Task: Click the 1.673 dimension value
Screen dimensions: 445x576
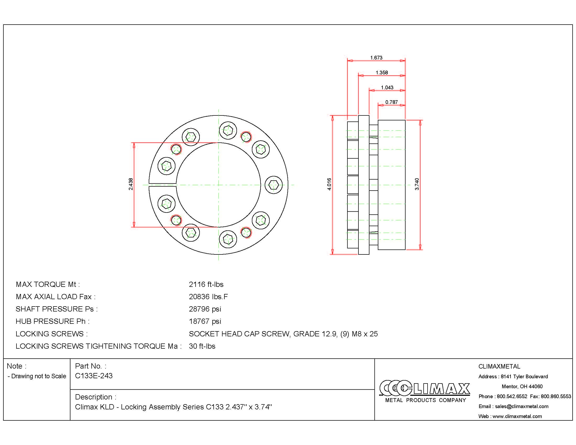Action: point(376,58)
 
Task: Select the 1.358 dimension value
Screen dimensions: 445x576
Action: point(382,73)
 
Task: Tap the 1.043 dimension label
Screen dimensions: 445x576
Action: point(387,87)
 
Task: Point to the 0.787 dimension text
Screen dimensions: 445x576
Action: point(391,102)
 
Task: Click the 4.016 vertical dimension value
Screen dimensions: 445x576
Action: point(329,184)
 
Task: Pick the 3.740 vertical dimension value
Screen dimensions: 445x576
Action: point(417,184)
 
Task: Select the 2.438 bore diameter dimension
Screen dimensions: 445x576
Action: point(131,184)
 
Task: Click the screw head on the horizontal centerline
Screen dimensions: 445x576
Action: point(274,185)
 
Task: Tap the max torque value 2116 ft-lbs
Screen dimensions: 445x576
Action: point(206,285)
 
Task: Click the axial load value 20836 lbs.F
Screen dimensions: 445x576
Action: point(208,297)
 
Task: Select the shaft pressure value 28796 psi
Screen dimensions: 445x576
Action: point(205,309)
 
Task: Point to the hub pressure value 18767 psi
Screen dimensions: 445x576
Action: point(205,321)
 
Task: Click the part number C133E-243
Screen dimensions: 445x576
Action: point(94,376)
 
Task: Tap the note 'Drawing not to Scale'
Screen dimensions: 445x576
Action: point(38,376)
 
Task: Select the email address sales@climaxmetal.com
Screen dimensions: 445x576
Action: point(521,406)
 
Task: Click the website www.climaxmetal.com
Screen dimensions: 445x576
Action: point(517,416)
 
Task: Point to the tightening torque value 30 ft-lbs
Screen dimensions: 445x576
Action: point(202,346)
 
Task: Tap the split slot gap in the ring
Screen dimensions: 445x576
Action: point(162,185)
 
